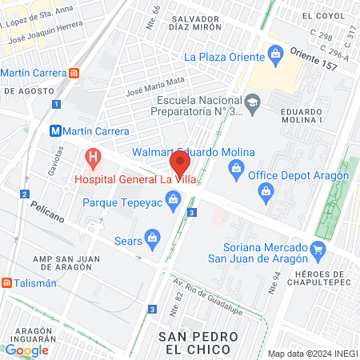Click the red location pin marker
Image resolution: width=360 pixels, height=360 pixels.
[x=180, y=166]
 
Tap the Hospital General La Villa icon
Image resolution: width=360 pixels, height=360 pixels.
[x=94, y=157]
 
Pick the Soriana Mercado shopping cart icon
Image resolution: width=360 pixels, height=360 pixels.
[x=318, y=249]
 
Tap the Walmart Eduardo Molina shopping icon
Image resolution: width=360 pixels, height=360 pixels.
[x=237, y=166]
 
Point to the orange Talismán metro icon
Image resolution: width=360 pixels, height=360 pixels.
[x=6, y=282]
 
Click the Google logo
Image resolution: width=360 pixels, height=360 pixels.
[x=26, y=350]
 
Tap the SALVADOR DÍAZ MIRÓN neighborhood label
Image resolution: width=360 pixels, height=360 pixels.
[x=206, y=29]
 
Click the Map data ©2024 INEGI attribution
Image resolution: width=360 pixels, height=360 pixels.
[x=311, y=354]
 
